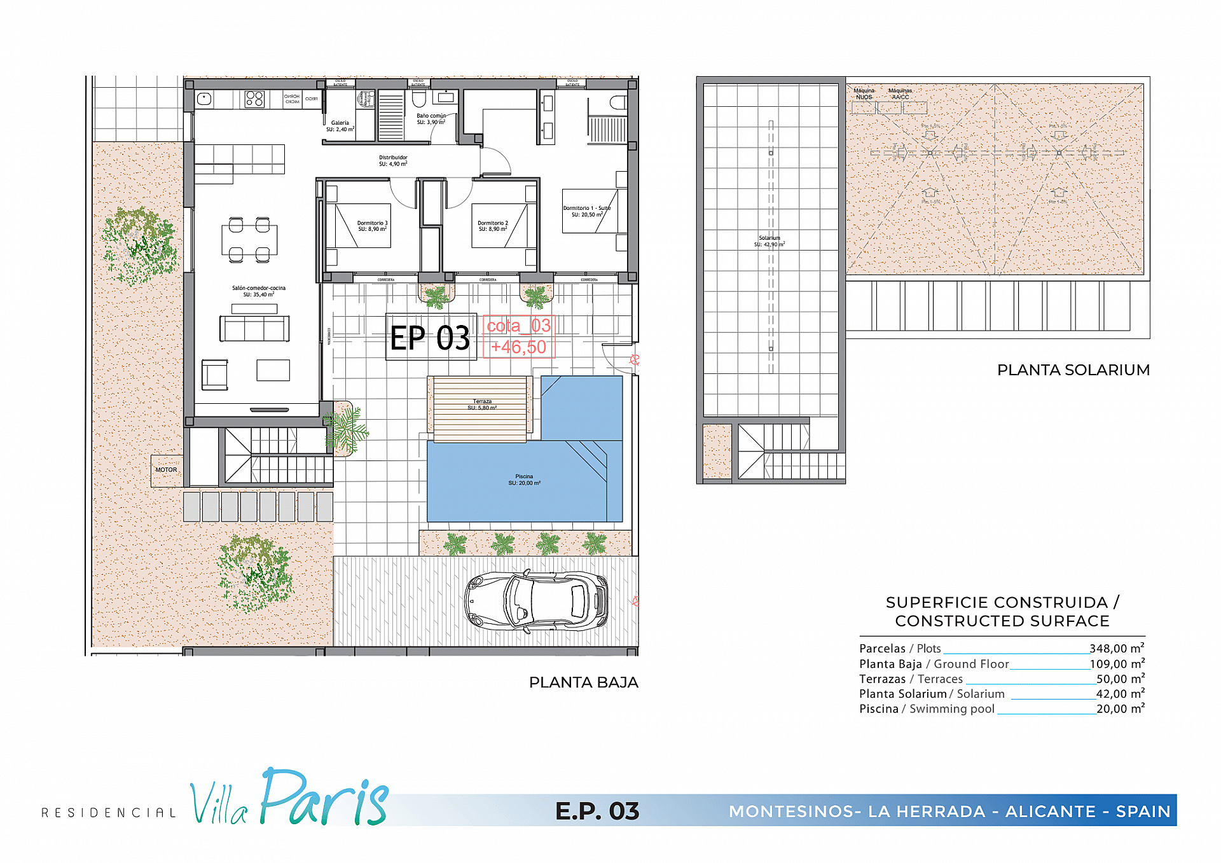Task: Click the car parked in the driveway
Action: (x=536, y=600)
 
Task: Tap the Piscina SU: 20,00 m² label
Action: (x=524, y=480)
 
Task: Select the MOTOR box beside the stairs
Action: (x=167, y=470)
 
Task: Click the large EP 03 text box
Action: (x=431, y=337)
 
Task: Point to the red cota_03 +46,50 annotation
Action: (x=518, y=336)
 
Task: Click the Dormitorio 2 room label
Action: (x=493, y=226)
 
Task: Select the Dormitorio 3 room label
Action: (x=372, y=226)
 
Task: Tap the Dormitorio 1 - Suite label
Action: (x=586, y=211)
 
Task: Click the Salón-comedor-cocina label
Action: (x=258, y=291)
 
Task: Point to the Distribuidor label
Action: (x=393, y=160)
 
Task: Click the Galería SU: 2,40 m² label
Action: (x=340, y=126)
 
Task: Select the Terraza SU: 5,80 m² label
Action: (x=482, y=404)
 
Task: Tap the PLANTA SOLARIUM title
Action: (x=1073, y=370)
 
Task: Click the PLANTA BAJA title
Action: (x=583, y=682)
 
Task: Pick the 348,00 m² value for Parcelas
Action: (x=1117, y=649)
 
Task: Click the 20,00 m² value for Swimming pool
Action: (x=1120, y=708)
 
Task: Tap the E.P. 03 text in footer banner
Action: (x=597, y=811)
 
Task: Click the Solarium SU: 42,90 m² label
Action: (x=769, y=241)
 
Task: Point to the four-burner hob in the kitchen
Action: (x=254, y=99)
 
